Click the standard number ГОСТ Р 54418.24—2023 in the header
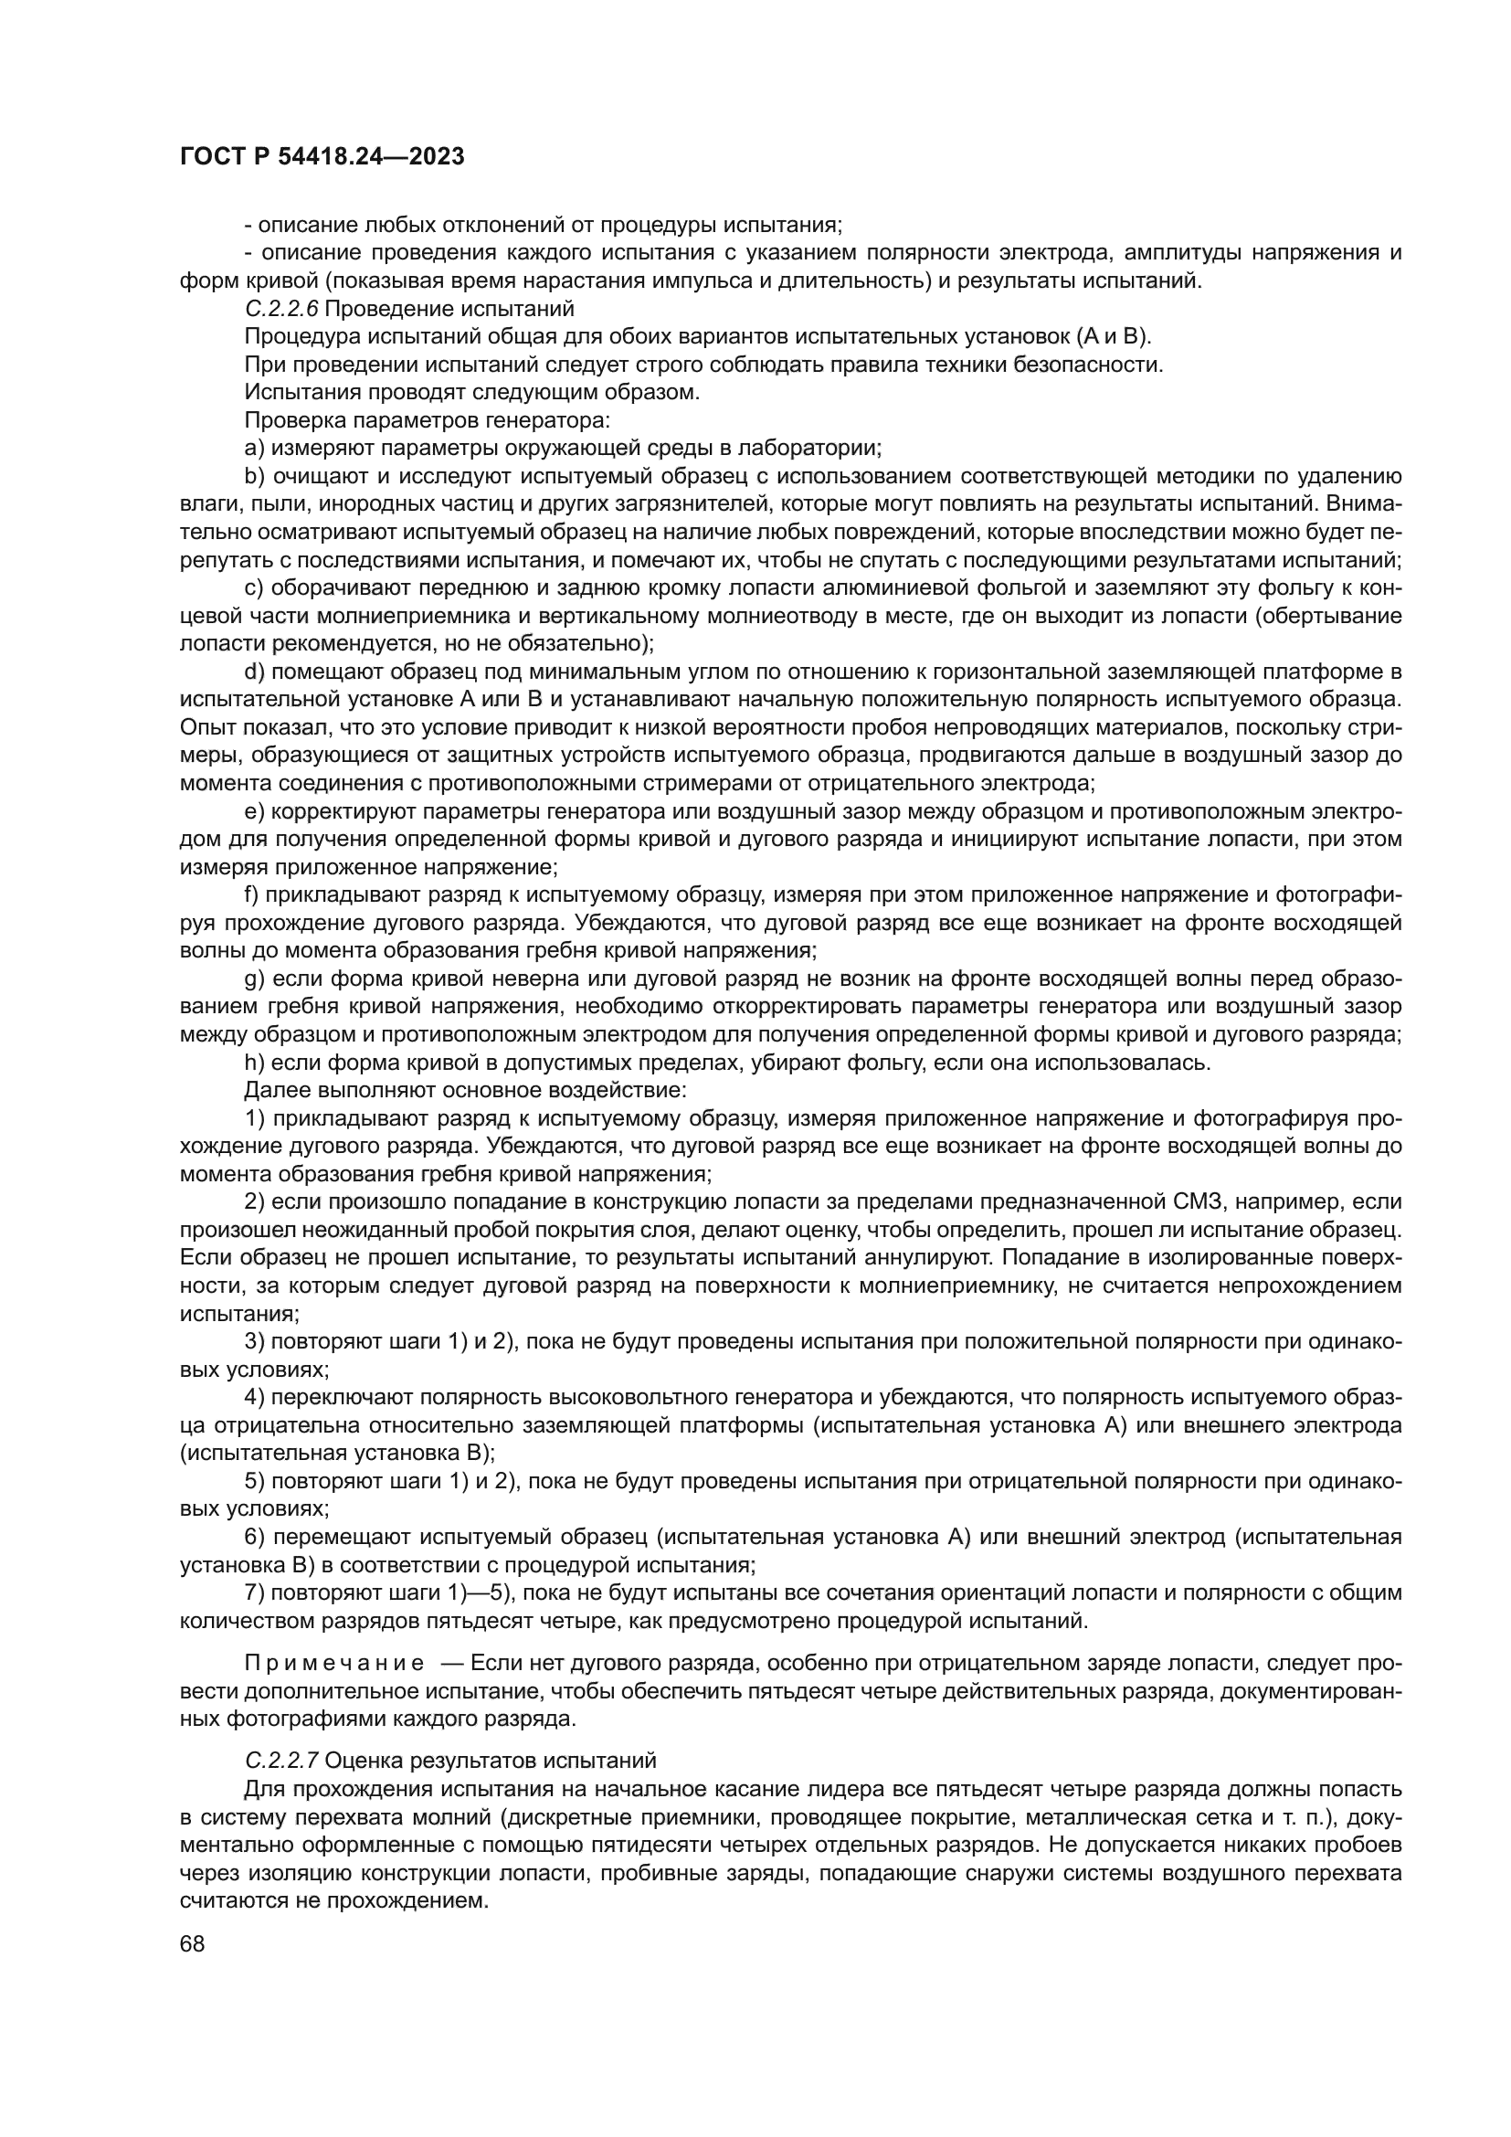(x=322, y=157)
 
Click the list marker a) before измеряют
(x=255, y=448)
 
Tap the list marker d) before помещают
(x=255, y=672)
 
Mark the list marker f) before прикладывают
(x=252, y=895)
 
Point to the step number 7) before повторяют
(x=255, y=1592)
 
